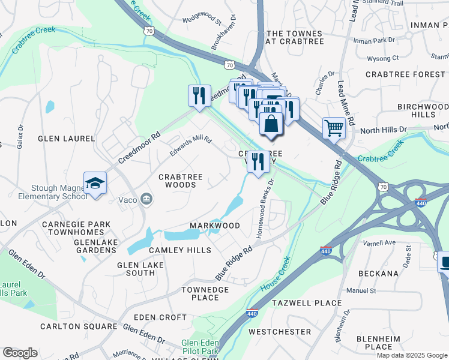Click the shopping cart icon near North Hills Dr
pyautogui.click(x=333, y=127)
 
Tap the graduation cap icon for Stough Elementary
pyautogui.click(x=95, y=183)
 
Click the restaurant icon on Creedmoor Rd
pyautogui.click(x=199, y=95)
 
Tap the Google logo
pyautogui.click(x=19, y=353)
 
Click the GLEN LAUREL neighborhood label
pyautogui.click(x=66, y=139)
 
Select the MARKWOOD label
pyautogui.click(x=214, y=226)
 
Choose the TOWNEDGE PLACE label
pyautogui.click(x=205, y=293)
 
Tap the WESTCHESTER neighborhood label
pyautogui.click(x=280, y=331)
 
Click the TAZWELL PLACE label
pyautogui.click(x=307, y=303)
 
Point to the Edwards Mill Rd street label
pyautogui.click(x=191, y=148)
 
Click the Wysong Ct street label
pyautogui.click(x=383, y=58)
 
